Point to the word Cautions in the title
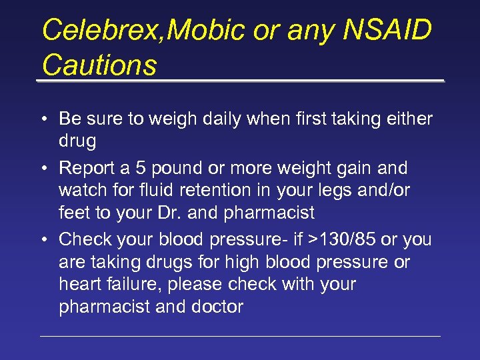click(99, 65)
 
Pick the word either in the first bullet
click(410, 119)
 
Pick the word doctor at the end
click(219, 307)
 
